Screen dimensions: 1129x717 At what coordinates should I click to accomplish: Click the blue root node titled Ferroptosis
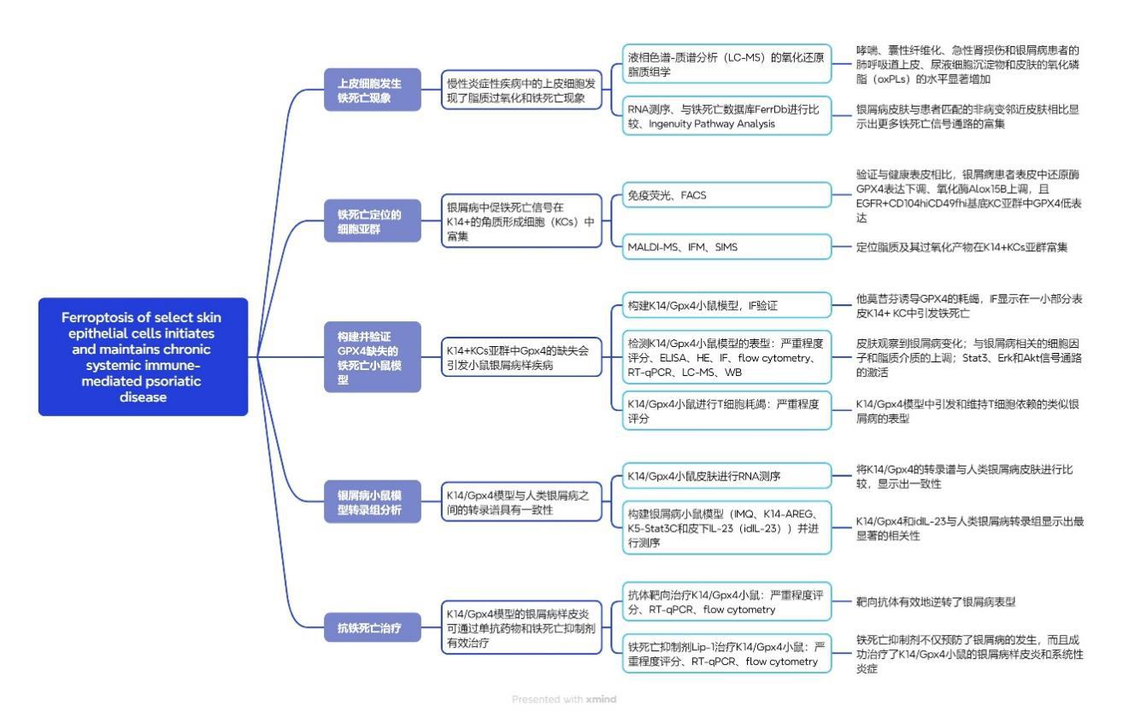(x=143, y=356)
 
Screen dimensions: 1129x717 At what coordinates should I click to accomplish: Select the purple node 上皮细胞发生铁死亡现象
(x=373, y=90)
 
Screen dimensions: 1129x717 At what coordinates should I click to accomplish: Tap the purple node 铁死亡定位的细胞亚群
(x=373, y=220)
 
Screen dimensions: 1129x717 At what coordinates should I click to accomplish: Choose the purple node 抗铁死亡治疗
(x=373, y=627)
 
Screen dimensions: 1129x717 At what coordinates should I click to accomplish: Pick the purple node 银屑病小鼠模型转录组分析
(x=373, y=502)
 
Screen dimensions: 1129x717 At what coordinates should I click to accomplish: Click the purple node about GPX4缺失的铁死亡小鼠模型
(x=373, y=356)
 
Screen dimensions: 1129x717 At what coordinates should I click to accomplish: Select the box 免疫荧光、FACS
(x=726, y=195)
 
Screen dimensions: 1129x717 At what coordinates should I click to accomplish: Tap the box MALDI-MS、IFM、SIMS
(x=726, y=247)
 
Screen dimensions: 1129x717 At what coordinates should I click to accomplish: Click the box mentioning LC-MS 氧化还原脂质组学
(x=726, y=64)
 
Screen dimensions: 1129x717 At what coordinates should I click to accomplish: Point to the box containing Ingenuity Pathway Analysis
(x=726, y=116)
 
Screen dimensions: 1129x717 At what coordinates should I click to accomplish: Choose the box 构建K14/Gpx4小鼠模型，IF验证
(x=726, y=305)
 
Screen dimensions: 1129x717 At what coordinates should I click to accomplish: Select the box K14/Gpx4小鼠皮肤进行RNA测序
(x=726, y=476)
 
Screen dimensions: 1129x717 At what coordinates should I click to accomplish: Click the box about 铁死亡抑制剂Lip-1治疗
(x=726, y=654)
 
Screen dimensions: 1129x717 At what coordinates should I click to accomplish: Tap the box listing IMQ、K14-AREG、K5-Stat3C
(x=726, y=527)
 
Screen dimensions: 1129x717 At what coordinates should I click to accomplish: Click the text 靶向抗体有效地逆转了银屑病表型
(x=936, y=602)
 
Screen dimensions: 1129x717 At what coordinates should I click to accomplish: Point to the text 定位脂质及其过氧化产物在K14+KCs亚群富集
(x=961, y=247)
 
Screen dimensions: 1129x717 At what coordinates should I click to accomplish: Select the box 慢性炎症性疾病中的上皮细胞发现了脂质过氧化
(x=521, y=90)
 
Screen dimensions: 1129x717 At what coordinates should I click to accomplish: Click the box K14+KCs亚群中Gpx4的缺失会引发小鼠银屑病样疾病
(x=521, y=356)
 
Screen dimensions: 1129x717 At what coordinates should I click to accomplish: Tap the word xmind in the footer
(x=601, y=699)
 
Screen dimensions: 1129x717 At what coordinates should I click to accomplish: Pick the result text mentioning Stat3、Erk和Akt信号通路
(x=968, y=358)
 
